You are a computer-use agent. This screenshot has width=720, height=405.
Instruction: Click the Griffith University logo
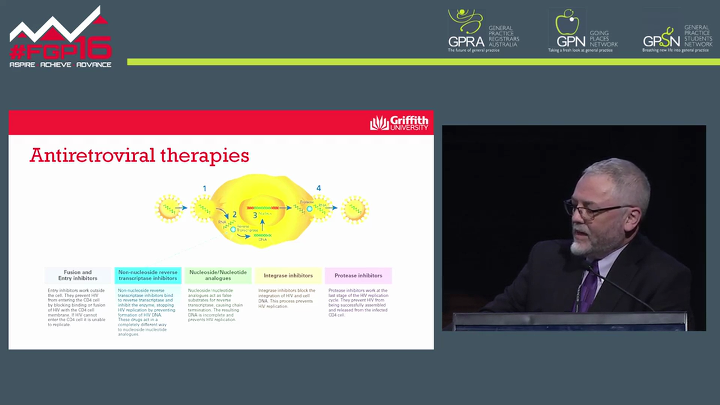click(398, 123)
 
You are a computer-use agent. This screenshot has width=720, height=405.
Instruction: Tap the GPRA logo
click(466, 31)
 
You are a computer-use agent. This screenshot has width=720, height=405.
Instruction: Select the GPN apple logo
click(567, 24)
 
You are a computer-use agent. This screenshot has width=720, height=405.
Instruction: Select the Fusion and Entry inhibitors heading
click(78, 275)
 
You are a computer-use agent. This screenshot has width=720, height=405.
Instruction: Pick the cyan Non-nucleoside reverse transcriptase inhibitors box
click(148, 275)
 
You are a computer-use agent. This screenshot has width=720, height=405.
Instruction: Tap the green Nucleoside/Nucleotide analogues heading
click(218, 275)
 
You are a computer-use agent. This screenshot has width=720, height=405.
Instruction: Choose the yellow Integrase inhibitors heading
click(288, 276)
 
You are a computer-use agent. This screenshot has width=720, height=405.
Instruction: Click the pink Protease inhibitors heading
click(358, 276)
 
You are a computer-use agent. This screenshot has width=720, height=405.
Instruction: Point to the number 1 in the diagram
click(204, 189)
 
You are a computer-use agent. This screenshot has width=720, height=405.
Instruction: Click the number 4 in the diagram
click(318, 188)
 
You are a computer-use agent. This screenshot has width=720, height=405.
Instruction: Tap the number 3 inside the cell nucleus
click(255, 215)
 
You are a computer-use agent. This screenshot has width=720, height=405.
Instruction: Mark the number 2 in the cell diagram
click(235, 214)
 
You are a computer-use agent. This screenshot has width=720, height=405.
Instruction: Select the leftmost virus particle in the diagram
click(168, 209)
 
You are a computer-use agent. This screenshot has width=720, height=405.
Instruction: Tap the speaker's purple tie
click(589, 286)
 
